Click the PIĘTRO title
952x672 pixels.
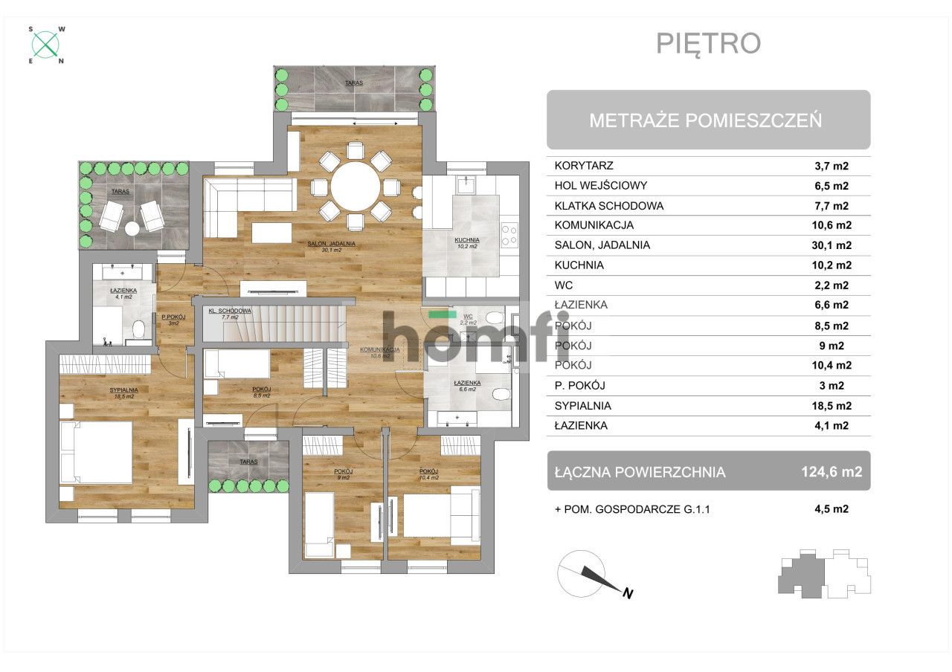(708, 43)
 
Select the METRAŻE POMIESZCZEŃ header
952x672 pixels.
(706, 120)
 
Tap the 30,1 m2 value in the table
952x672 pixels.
(832, 245)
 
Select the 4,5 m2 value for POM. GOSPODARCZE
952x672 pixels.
(832, 509)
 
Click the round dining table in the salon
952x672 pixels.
(356, 187)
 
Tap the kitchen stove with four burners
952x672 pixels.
(509, 236)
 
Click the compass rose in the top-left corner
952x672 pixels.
(47, 45)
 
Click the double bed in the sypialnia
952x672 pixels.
(97, 453)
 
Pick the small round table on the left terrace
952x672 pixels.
(132, 229)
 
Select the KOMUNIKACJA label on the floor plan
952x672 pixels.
(380, 349)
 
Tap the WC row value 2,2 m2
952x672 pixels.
(832, 285)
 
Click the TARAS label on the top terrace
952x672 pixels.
(353, 83)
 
